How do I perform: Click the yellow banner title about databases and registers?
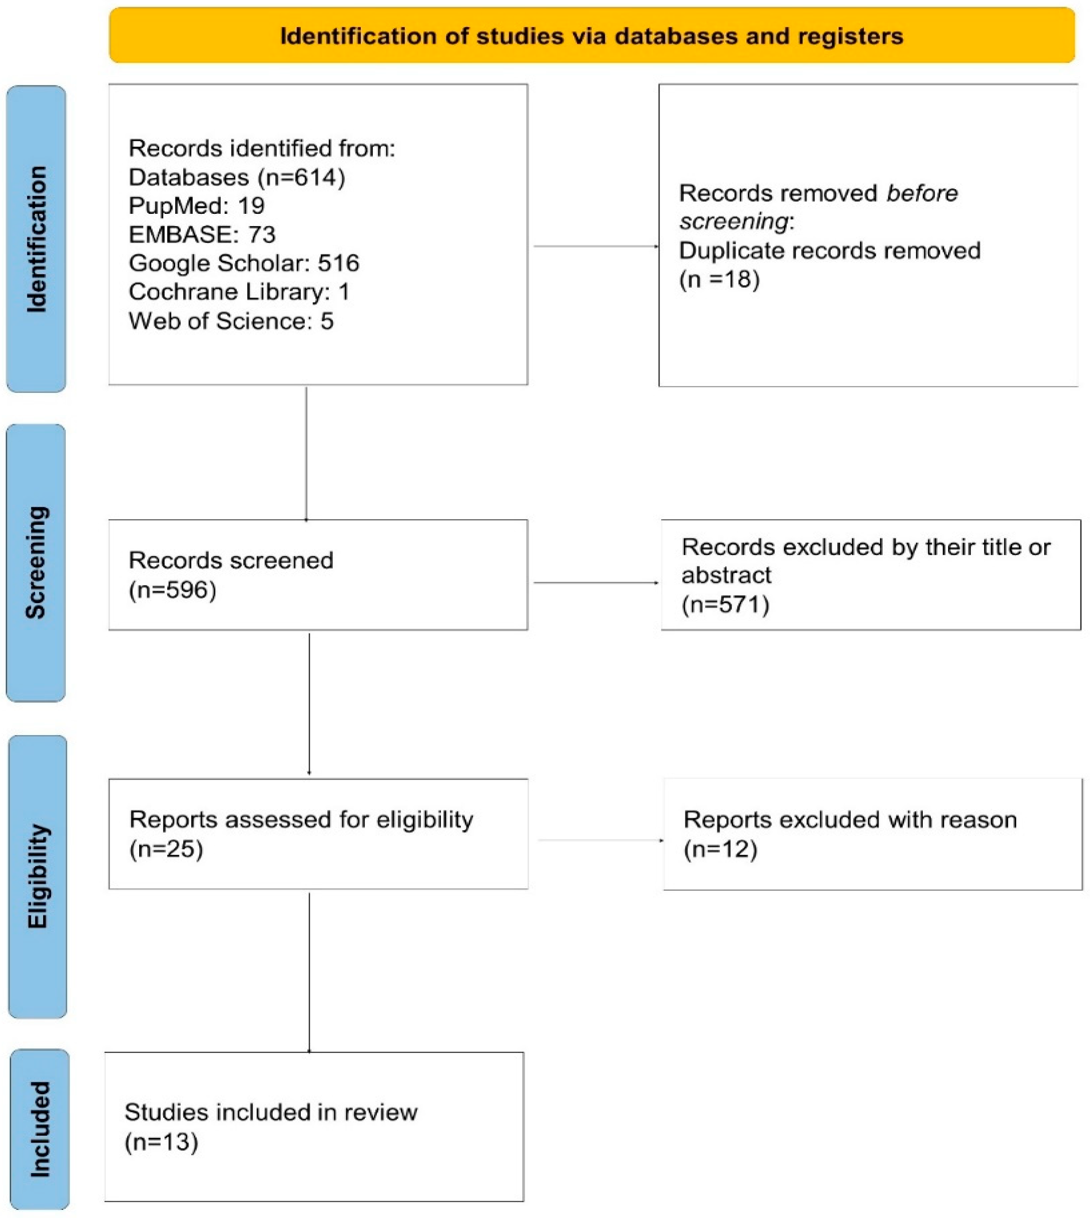pyautogui.click(x=591, y=36)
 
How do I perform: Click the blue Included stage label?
pyautogui.click(x=40, y=1129)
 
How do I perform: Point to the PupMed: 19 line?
pyautogui.click(x=197, y=205)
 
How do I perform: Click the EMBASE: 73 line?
pyautogui.click(x=202, y=234)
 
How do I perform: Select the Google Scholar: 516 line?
pyautogui.click(x=244, y=263)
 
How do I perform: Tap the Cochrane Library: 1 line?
pyautogui.click(x=239, y=292)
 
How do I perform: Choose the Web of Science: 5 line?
pyautogui.click(x=231, y=321)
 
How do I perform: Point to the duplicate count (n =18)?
pyautogui.click(x=719, y=279)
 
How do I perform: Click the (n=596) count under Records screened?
pyautogui.click(x=172, y=590)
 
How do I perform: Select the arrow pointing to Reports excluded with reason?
pyautogui.click(x=600, y=840)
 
